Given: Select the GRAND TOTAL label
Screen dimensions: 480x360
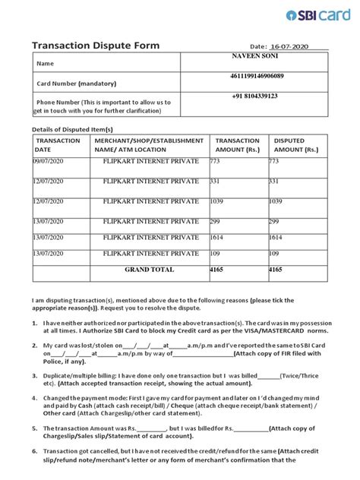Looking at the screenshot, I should click(149, 270).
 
